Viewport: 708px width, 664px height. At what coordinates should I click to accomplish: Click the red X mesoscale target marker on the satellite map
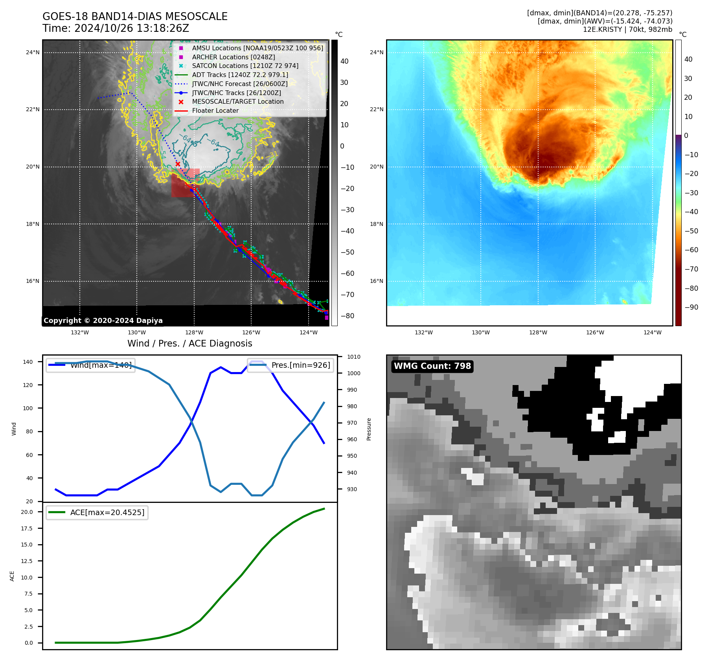click(178, 164)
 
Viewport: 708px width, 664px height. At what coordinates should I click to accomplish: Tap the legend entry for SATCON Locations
click(245, 66)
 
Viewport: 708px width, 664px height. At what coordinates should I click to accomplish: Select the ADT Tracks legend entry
click(240, 75)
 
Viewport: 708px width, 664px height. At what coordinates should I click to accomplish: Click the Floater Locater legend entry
click(215, 111)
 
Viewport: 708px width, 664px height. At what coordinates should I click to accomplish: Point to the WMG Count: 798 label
click(432, 366)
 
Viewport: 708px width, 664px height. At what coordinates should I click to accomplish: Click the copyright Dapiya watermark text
click(103, 321)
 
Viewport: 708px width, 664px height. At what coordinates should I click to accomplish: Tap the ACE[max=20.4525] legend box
click(97, 512)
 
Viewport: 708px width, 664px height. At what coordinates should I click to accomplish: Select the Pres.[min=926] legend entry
click(291, 365)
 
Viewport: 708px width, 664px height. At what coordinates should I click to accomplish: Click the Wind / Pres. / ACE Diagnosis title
click(190, 343)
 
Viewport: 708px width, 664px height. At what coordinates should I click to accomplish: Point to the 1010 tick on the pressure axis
click(353, 357)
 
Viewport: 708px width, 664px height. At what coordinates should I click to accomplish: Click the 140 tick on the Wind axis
click(28, 362)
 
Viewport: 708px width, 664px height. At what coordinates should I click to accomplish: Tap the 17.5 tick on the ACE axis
click(27, 528)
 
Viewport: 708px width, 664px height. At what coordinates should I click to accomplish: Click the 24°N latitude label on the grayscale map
click(33, 52)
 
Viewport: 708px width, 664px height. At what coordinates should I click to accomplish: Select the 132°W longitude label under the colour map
click(423, 332)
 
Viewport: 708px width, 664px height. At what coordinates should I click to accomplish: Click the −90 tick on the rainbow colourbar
click(691, 307)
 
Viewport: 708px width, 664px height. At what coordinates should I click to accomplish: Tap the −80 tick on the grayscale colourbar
click(347, 316)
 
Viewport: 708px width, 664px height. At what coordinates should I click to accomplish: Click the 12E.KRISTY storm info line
click(627, 29)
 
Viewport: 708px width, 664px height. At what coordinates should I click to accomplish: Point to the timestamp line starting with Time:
click(116, 28)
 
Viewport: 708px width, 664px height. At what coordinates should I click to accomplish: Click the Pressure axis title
click(369, 429)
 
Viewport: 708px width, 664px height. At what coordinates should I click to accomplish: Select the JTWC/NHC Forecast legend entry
click(239, 84)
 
